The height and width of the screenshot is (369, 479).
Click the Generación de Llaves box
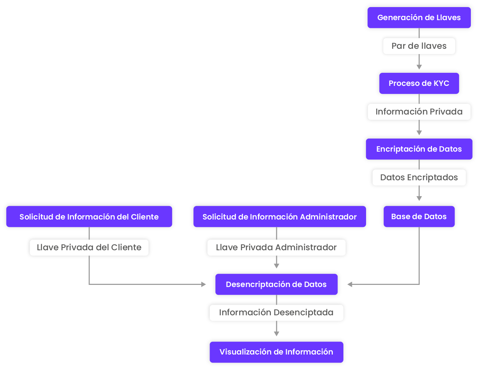(x=419, y=18)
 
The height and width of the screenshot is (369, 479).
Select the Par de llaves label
(x=419, y=46)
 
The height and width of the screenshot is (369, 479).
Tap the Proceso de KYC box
(x=419, y=83)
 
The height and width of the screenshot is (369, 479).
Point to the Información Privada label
(x=419, y=112)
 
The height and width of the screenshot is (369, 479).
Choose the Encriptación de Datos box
(x=419, y=149)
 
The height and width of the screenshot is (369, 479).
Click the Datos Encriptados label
(x=419, y=177)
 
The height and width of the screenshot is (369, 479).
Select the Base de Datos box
(x=419, y=217)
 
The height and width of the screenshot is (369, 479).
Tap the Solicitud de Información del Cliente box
(x=89, y=217)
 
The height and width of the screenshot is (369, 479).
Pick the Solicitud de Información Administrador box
(x=279, y=217)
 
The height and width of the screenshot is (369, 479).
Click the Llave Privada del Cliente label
(x=89, y=247)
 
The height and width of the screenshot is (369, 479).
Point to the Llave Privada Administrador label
(x=276, y=247)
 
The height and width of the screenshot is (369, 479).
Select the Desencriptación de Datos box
(x=276, y=284)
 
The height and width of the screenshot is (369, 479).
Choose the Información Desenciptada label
(x=276, y=312)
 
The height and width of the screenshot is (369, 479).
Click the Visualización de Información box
(x=276, y=352)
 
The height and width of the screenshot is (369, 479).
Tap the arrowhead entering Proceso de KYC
(x=419, y=67)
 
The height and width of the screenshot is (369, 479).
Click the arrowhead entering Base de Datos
(x=419, y=199)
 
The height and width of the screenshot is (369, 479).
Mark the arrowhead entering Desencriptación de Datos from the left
(x=204, y=284)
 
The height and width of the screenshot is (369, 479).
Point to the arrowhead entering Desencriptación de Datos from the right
(x=350, y=284)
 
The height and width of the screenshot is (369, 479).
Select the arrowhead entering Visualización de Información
(x=276, y=334)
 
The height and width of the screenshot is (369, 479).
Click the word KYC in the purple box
(x=441, y=83)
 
